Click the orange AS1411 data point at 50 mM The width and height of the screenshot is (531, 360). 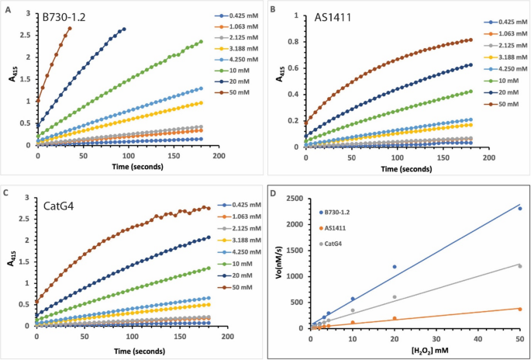click(519, 309)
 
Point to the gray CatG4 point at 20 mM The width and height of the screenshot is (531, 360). click(394, 296)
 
